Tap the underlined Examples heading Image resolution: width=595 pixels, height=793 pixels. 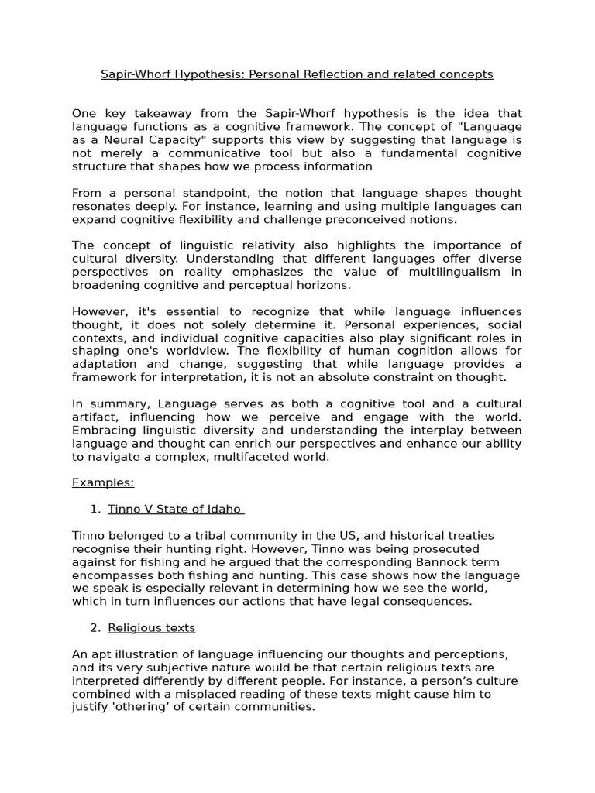pyautogui.click(x=103, y=482)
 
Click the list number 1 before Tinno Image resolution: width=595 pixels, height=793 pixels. pyautogui.click(x=95, y=509)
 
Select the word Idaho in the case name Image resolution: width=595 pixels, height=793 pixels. pyautogui.click(x=224, y=509)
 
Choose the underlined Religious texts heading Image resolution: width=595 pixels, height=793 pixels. pyautogui.click(x=152, y=628)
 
